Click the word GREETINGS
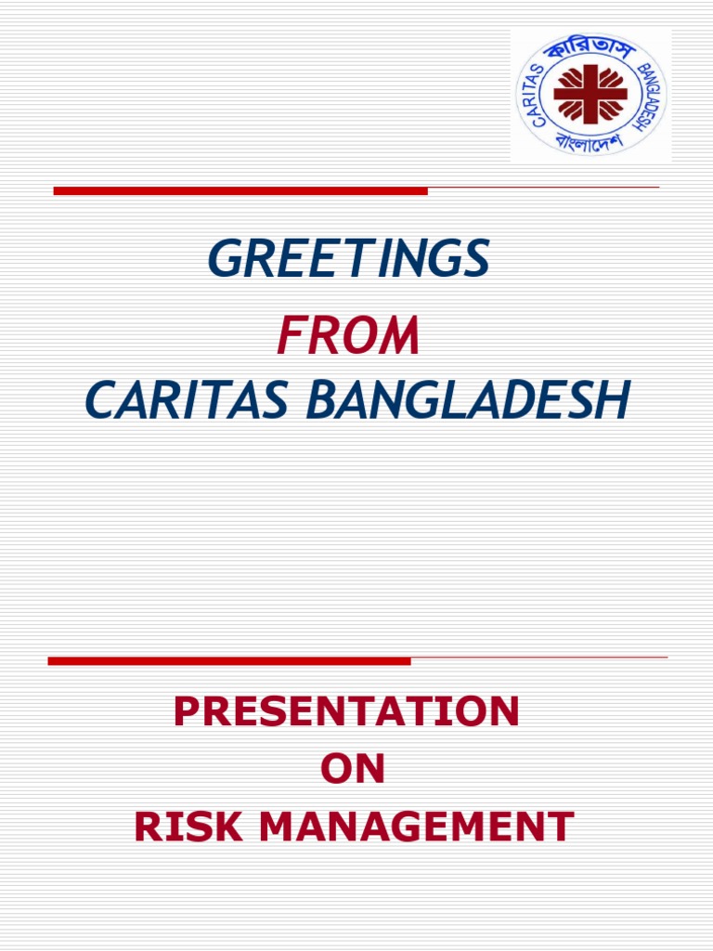point(348,259)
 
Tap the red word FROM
point(348,336)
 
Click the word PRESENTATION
point(346,712)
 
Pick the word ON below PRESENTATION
point(352,770)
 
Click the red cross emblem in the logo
point(590,94)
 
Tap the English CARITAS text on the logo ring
point(537,85)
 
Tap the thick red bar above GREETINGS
point(240,190)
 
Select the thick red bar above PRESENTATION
point(229,661)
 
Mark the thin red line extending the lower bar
point(538,658)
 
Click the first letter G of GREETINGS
point(226,259)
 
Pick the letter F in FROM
point(289,336)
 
